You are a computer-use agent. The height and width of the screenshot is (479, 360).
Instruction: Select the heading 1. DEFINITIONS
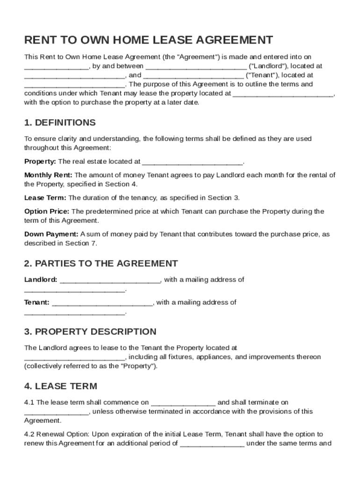click(60, 123)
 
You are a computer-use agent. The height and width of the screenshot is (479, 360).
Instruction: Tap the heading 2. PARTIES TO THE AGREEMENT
click(101, 263)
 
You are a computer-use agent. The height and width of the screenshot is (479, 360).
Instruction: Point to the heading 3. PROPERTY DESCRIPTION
click(90, 332)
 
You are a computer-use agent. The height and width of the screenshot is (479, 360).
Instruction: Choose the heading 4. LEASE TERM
click(61, 386)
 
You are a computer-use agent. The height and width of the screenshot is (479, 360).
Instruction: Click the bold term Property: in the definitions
click(40, 161)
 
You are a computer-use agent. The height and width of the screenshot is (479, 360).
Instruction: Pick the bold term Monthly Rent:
click(48, 175)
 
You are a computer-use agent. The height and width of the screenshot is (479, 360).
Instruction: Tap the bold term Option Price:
click(47, 211)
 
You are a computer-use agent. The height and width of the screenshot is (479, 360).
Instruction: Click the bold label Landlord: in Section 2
click(41, 280)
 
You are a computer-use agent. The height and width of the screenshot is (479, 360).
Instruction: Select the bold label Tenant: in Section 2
click(37, 302)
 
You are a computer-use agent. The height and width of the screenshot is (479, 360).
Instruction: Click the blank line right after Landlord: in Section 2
click(110, 281)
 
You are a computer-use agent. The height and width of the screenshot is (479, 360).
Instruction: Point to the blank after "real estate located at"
click(192, 162)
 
